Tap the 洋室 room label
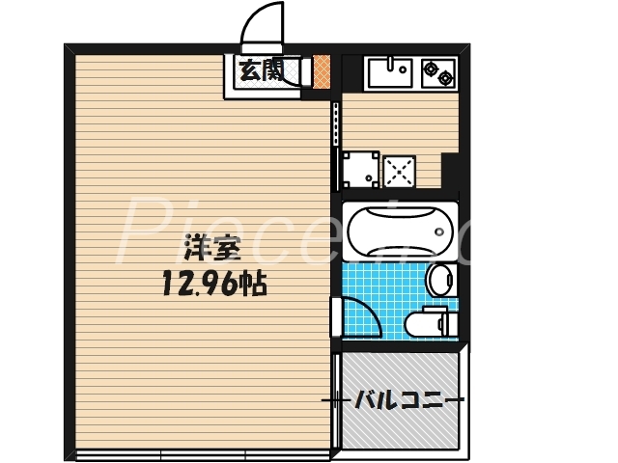click(211, 249)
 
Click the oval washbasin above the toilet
click(438, 281)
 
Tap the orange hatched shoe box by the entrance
click(322, 70)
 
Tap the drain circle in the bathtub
click(439, 231)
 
